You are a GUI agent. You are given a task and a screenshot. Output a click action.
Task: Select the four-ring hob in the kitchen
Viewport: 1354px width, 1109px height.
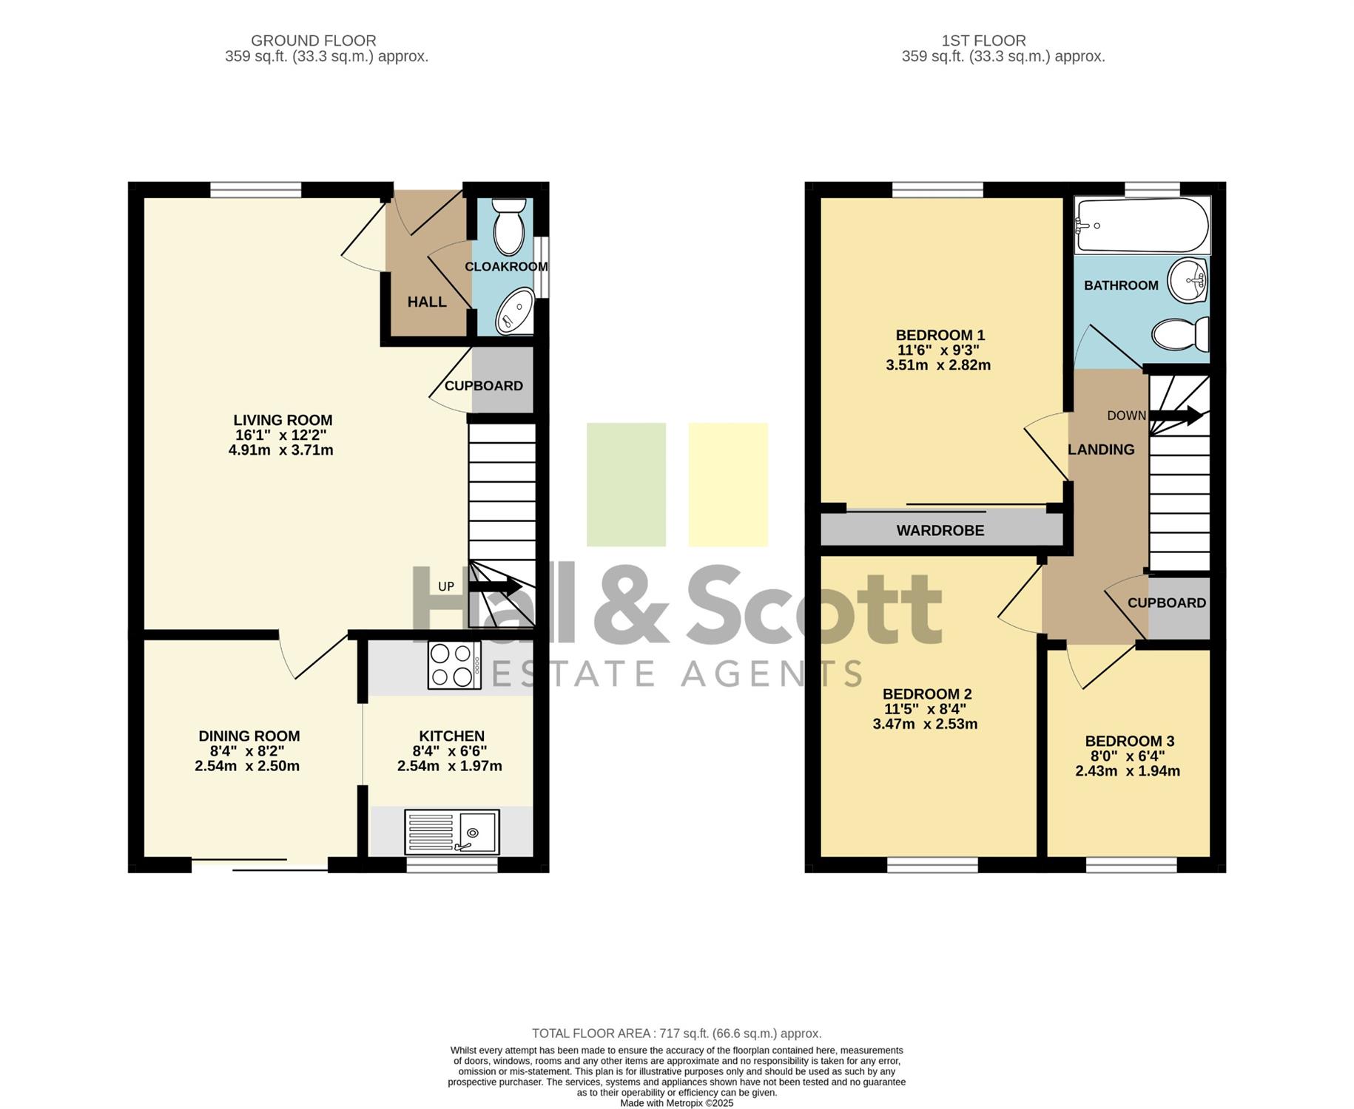454,665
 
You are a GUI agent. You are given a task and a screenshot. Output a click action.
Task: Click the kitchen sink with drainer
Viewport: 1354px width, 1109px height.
452,832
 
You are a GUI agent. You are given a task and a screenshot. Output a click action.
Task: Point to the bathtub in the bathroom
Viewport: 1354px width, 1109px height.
1142,225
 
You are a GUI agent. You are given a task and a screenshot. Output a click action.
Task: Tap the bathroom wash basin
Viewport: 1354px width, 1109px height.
1188,281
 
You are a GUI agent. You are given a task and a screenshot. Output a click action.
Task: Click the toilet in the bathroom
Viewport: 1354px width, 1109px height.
1181,334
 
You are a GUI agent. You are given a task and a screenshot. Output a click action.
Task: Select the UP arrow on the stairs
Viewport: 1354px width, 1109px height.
495,587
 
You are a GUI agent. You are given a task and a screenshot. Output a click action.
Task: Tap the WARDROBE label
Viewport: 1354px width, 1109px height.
940,530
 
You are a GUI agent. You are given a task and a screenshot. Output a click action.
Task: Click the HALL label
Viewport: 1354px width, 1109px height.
427,302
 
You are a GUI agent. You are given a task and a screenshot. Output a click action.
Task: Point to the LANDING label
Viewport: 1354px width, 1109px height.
1101,450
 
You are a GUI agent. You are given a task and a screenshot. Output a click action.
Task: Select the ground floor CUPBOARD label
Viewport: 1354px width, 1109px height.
483,386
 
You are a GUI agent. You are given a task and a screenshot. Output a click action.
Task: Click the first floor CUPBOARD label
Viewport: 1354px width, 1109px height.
1167,603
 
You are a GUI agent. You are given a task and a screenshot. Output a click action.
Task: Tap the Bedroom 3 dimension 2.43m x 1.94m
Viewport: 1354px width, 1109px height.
1128,771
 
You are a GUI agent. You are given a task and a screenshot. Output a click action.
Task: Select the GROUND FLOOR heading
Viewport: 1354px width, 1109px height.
314,41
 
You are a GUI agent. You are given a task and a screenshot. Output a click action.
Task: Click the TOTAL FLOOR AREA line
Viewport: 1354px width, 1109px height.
677,1034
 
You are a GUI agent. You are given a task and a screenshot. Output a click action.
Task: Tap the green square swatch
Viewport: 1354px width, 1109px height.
626,485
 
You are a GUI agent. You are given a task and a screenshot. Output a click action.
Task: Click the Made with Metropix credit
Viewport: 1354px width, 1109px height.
677,1103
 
